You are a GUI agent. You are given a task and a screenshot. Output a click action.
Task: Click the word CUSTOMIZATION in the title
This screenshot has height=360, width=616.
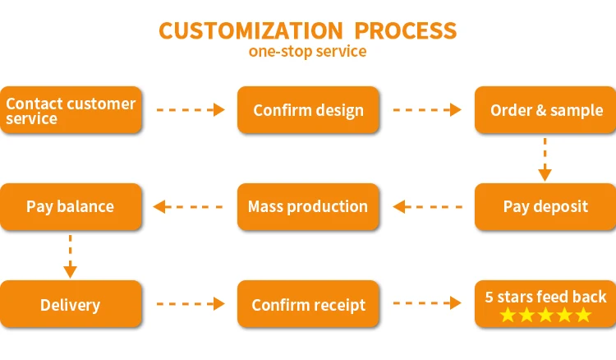point(251,30)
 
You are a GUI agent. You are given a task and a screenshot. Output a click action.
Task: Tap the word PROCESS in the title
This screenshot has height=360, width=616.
point(406,30)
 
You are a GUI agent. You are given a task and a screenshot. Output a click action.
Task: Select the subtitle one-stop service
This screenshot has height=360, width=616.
point(308,52)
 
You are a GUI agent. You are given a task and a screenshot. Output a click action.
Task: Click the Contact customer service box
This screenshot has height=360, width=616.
point(71,110)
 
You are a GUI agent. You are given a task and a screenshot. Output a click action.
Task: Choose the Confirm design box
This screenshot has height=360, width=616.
point(308,110)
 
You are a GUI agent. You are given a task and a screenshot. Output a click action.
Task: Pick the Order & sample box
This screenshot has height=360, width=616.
point(545,110)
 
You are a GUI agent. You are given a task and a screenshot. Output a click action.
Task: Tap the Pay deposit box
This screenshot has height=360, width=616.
point(545,207)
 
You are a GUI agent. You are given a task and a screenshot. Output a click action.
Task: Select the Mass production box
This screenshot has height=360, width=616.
point(308,207)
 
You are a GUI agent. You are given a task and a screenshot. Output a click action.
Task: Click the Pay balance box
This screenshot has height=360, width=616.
point(71,207)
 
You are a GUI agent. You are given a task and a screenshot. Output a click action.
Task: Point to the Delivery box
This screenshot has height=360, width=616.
point(71,304)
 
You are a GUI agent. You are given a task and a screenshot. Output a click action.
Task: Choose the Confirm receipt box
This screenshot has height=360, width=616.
point(308,304)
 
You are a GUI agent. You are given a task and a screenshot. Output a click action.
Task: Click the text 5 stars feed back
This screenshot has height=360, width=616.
point(545,297)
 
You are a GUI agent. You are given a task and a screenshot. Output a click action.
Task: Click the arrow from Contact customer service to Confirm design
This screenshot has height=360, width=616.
point(191,109)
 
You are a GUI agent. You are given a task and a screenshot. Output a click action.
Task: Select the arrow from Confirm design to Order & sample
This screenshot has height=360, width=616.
point(427,109)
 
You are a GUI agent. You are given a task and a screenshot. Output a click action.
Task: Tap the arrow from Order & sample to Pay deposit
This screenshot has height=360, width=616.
point(545,159)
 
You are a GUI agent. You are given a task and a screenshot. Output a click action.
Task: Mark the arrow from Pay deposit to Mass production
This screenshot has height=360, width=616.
point(427,207)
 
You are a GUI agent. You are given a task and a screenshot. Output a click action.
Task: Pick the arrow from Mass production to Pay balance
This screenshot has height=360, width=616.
point(188,207)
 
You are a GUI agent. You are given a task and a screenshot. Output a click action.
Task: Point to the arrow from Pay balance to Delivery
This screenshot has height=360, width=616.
point(71,256)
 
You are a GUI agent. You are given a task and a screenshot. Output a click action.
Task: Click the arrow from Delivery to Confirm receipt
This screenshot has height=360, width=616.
point(191,304)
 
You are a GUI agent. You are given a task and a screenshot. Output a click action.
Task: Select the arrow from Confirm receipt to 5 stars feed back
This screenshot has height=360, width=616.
point(427,303)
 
